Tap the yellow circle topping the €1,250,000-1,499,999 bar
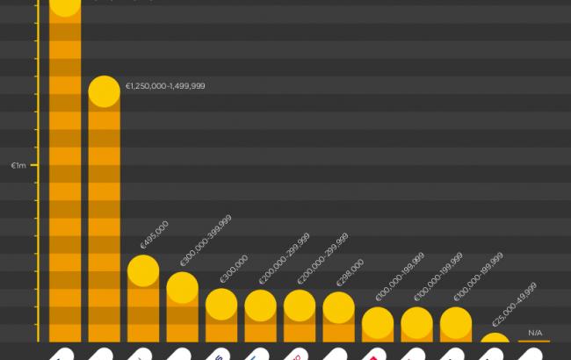click(105, 92)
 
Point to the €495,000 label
click(154, 236)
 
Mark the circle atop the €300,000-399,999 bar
click(182, 287)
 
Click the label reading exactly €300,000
click(234, 270)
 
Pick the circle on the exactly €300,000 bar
click(221, 304)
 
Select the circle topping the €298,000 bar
click(338, 306)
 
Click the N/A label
click(535, 332)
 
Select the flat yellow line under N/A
click(534, 341)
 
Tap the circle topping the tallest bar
click(66, 4)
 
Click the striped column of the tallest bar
click(66, 176)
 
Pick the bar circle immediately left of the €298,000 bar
click(300, 305)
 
